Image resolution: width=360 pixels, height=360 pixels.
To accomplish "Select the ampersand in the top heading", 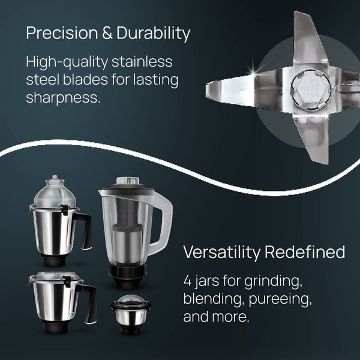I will point(106,34).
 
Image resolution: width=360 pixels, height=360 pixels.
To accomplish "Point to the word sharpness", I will point(62,98).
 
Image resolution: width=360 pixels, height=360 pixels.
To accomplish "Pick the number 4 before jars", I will point(187,281).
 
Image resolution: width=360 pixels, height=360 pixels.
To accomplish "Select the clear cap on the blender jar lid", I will point(128,181).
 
